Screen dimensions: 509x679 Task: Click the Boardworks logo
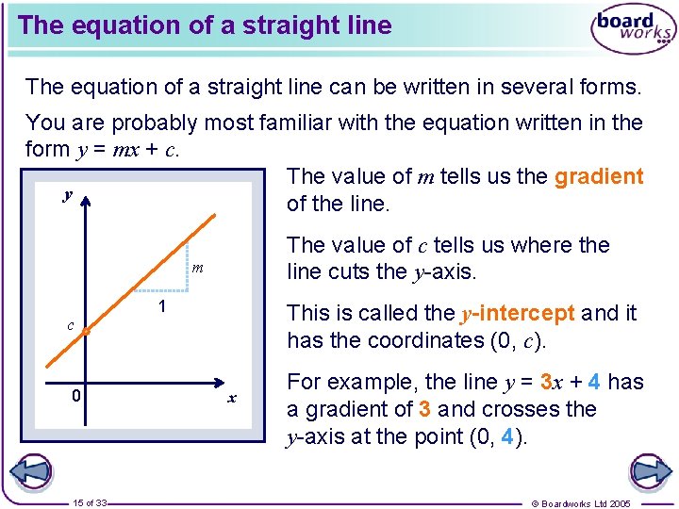coord(633,29)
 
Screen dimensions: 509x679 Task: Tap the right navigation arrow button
coord(649,471)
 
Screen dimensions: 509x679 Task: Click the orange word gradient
coord(599,176)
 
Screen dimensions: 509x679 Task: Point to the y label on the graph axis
coord(67,195)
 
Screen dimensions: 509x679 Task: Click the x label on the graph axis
coord(231,398)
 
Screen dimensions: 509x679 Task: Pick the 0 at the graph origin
coord(76,396)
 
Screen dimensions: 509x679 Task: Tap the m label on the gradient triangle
coord(197,269)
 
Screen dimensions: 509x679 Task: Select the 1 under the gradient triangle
coord(161,307)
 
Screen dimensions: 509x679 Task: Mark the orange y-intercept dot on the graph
coord(85,332)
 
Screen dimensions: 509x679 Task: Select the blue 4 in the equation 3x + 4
coord(593,382)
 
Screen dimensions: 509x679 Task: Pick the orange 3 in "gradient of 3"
coord(425,409)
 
